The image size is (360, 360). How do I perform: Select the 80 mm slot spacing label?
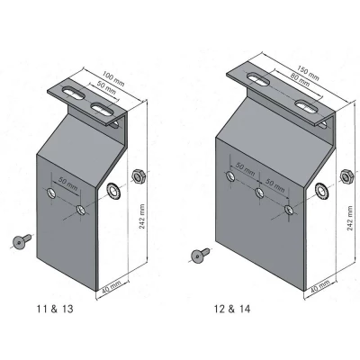(286, 84)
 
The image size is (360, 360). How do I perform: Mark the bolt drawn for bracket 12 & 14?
(198, 255)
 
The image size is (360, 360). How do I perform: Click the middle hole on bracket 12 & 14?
(259, 193)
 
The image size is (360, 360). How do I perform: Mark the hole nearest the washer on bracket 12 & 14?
(288, 209)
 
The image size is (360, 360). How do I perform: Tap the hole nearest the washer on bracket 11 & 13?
(82, 210)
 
